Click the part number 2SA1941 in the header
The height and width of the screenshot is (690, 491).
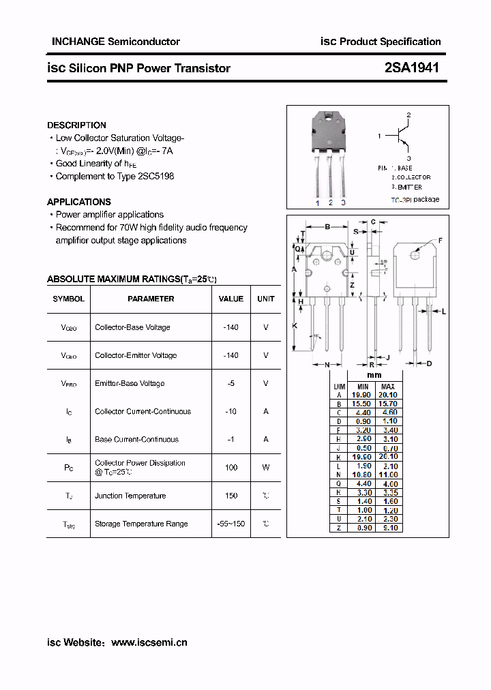pos(411,67)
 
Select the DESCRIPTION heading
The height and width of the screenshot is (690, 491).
pos(76,125)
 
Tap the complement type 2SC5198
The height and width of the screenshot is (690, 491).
pos(155,176)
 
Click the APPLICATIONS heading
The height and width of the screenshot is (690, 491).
pos(78,202)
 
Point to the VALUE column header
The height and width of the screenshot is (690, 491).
pos(231,299)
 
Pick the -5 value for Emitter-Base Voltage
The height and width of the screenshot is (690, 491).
pos(231,383)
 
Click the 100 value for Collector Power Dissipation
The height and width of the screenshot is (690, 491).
pos(231,467)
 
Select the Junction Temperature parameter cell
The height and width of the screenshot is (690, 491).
pos(130,496)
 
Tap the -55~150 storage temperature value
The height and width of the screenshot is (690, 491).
pos(231,524)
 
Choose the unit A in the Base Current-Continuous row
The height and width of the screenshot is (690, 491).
pos(266,439)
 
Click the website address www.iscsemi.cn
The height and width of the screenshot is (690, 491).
pos(149,642)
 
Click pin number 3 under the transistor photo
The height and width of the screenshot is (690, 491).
pos(343,202)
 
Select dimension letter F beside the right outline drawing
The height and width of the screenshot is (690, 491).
pos(440,241)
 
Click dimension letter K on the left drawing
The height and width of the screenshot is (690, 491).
pos(295,326)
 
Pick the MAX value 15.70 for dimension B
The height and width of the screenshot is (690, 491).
pos(387,404)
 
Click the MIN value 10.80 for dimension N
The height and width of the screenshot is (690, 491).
pos(361,475)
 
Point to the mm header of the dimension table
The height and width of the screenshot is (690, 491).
pos(374,375)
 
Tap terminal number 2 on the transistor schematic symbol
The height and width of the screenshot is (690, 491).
pos(408,115)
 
